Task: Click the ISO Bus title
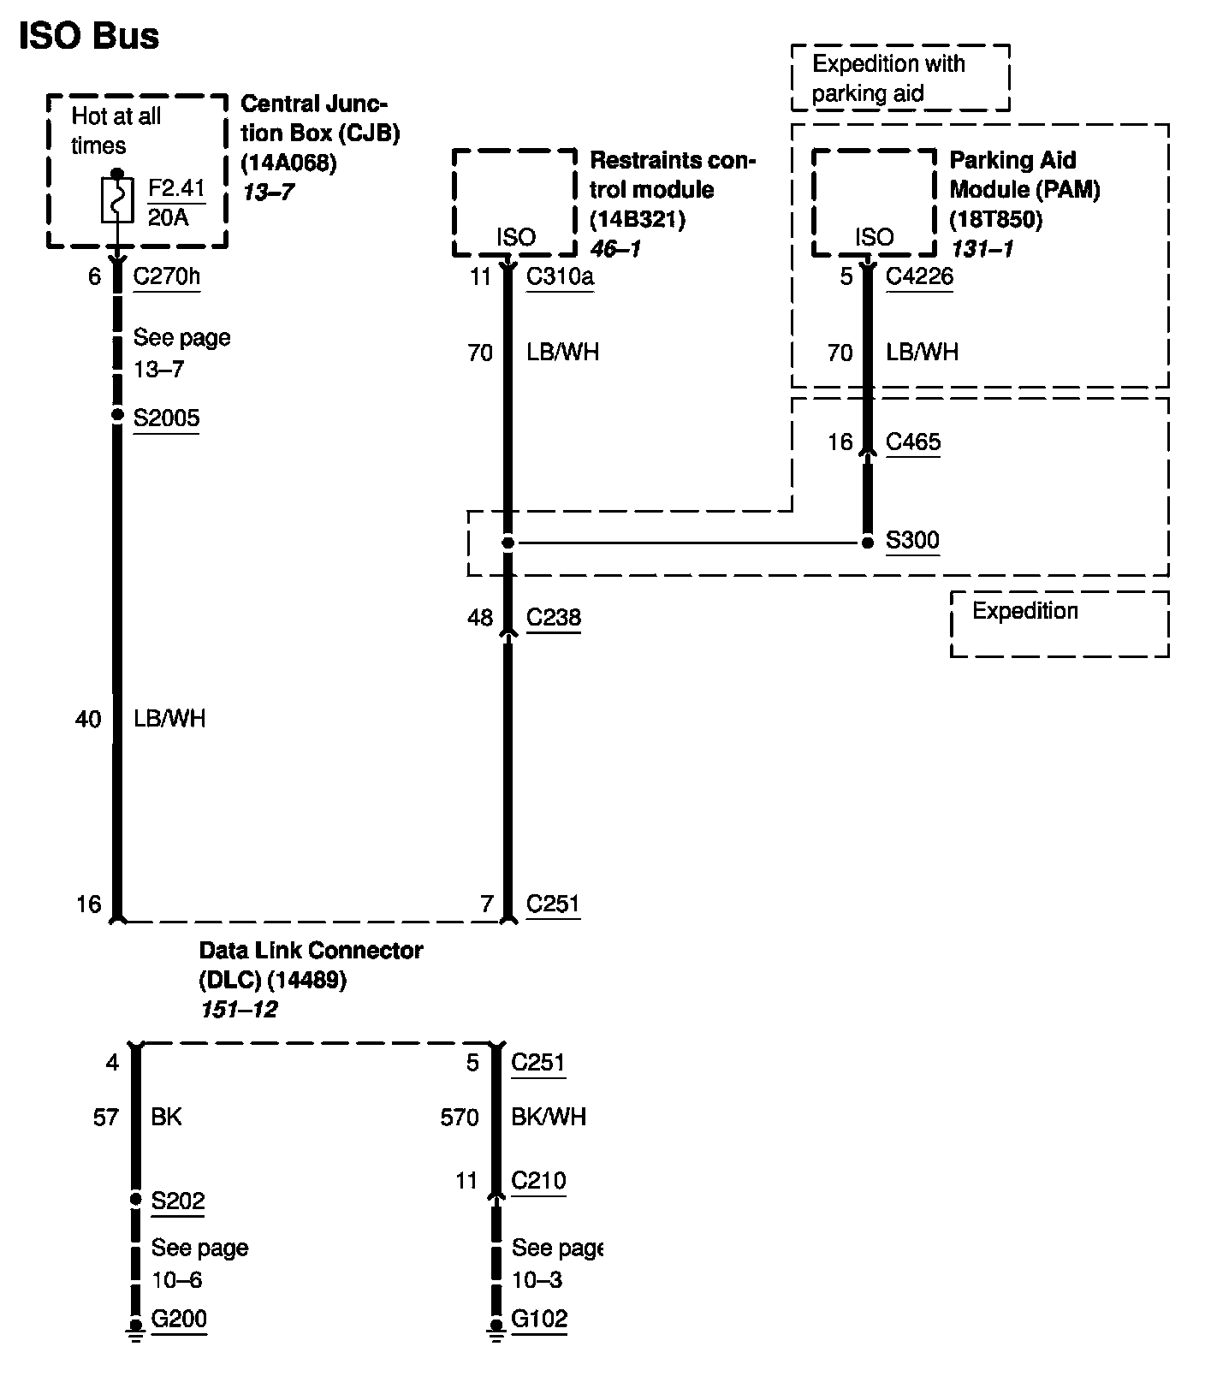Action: click(x=89, y=37)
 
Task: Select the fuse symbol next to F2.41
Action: click(x=117, y=199)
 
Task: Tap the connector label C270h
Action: click(x=167, y=276)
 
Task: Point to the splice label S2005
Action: click(x=166, y=418)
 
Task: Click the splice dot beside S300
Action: click(x=867, y=543)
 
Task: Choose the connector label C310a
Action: click(x=560, y=276)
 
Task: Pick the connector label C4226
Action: click(x=919, y=276)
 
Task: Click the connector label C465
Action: click(x=912, y=442)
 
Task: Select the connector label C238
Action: click(x=553, y=617)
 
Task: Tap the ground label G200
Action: click(x=179, y=1319)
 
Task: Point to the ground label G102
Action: click(x=539, y=1319)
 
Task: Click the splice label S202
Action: click(x=178, y=1201)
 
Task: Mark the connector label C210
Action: click(x=538, y=1181)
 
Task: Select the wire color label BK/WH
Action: click(x=549, y=1117)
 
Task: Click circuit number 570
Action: click(x=460, y=1117)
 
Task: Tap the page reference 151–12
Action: click(x=239, y=1010)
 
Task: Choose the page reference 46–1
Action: click(x=615, y=249)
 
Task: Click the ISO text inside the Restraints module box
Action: click(x=516, y=237)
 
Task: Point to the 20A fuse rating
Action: click(x=169, y=217)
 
